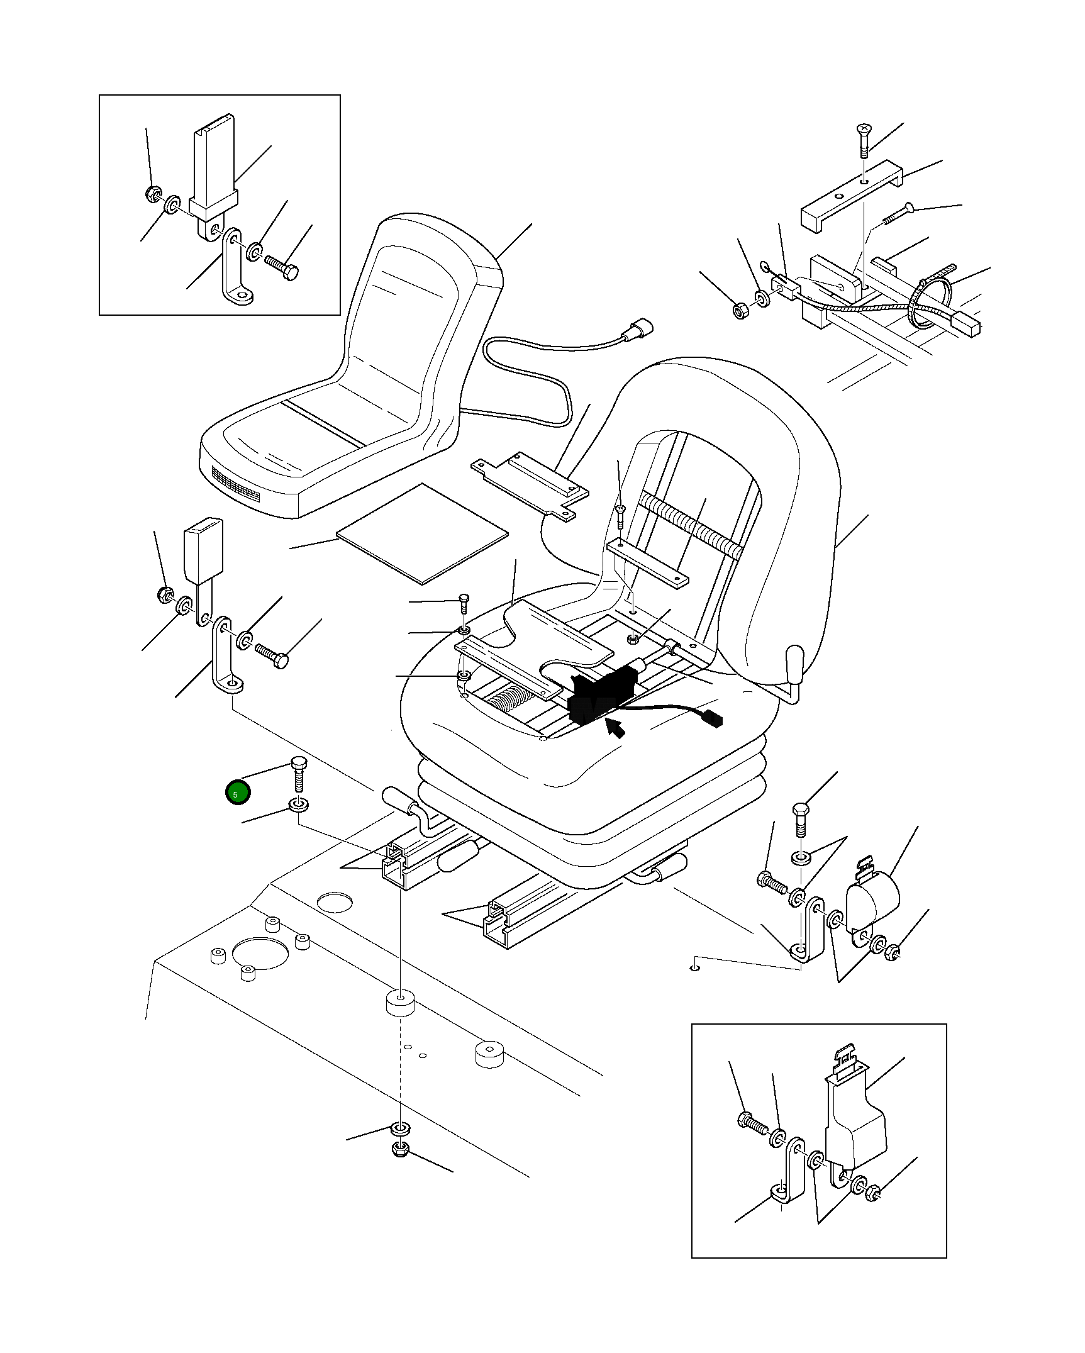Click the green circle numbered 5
click(x=238, y=793)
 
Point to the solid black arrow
click(x=616, y=727)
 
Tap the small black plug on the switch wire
click(x=713, y=718)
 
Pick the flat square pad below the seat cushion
click(x=423, y=533)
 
